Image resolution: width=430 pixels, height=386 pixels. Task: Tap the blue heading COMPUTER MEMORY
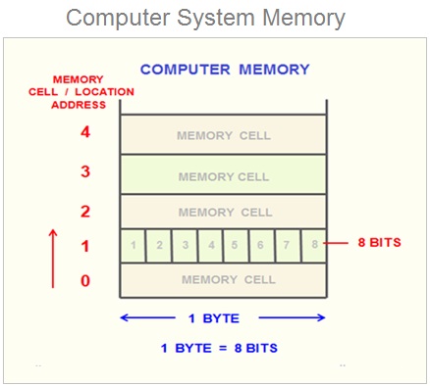pos(225,71)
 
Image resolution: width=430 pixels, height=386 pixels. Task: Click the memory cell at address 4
pos(225,135)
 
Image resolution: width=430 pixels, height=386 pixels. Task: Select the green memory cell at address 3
pos(225,176)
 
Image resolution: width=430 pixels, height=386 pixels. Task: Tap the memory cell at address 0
pos(225,281)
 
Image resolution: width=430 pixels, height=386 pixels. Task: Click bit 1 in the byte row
pos(134,244)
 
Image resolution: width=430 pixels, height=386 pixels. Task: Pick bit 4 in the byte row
pos(210,244)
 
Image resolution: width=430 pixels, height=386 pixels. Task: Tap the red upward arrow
pos(53,256)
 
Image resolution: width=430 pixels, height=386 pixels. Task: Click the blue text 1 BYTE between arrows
pos(223,317)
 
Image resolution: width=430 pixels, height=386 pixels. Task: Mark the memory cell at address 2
pos(225,213)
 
